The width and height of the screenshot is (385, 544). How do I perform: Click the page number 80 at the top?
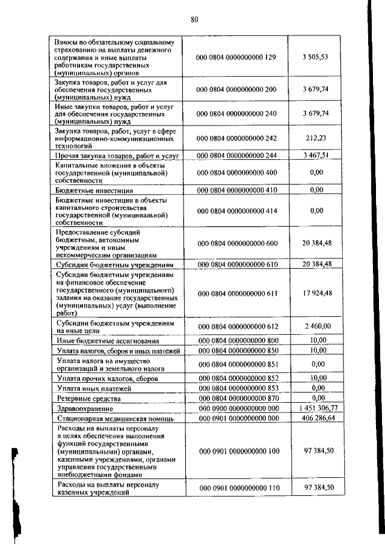194,19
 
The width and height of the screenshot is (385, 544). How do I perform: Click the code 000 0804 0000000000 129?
236,57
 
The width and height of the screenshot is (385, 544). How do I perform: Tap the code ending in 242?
236,138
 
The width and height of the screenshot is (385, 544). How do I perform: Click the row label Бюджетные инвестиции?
86,190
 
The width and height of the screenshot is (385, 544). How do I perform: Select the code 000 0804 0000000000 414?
236,211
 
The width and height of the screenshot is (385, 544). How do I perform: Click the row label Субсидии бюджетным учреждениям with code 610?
114,264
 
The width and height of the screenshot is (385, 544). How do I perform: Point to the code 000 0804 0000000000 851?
236,364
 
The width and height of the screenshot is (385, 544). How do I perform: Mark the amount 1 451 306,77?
318,407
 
